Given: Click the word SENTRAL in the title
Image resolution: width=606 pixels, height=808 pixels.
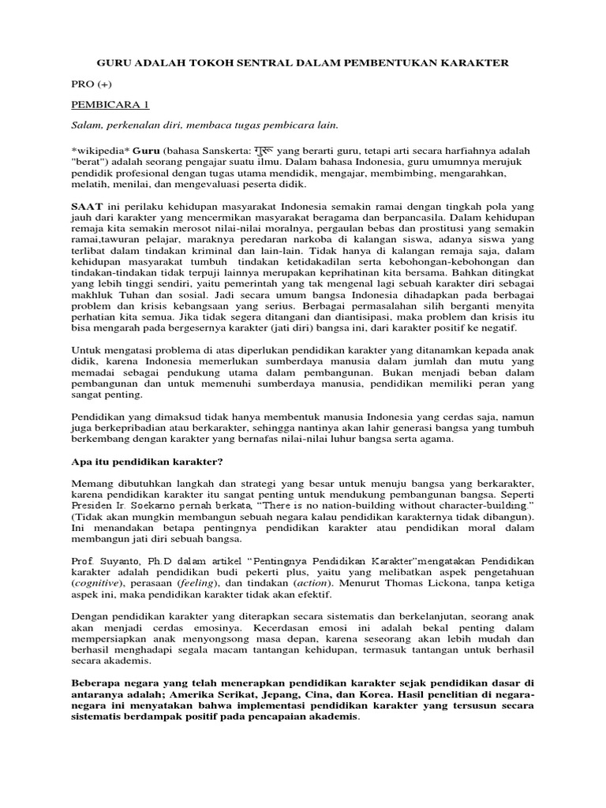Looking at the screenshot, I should point(248,62).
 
